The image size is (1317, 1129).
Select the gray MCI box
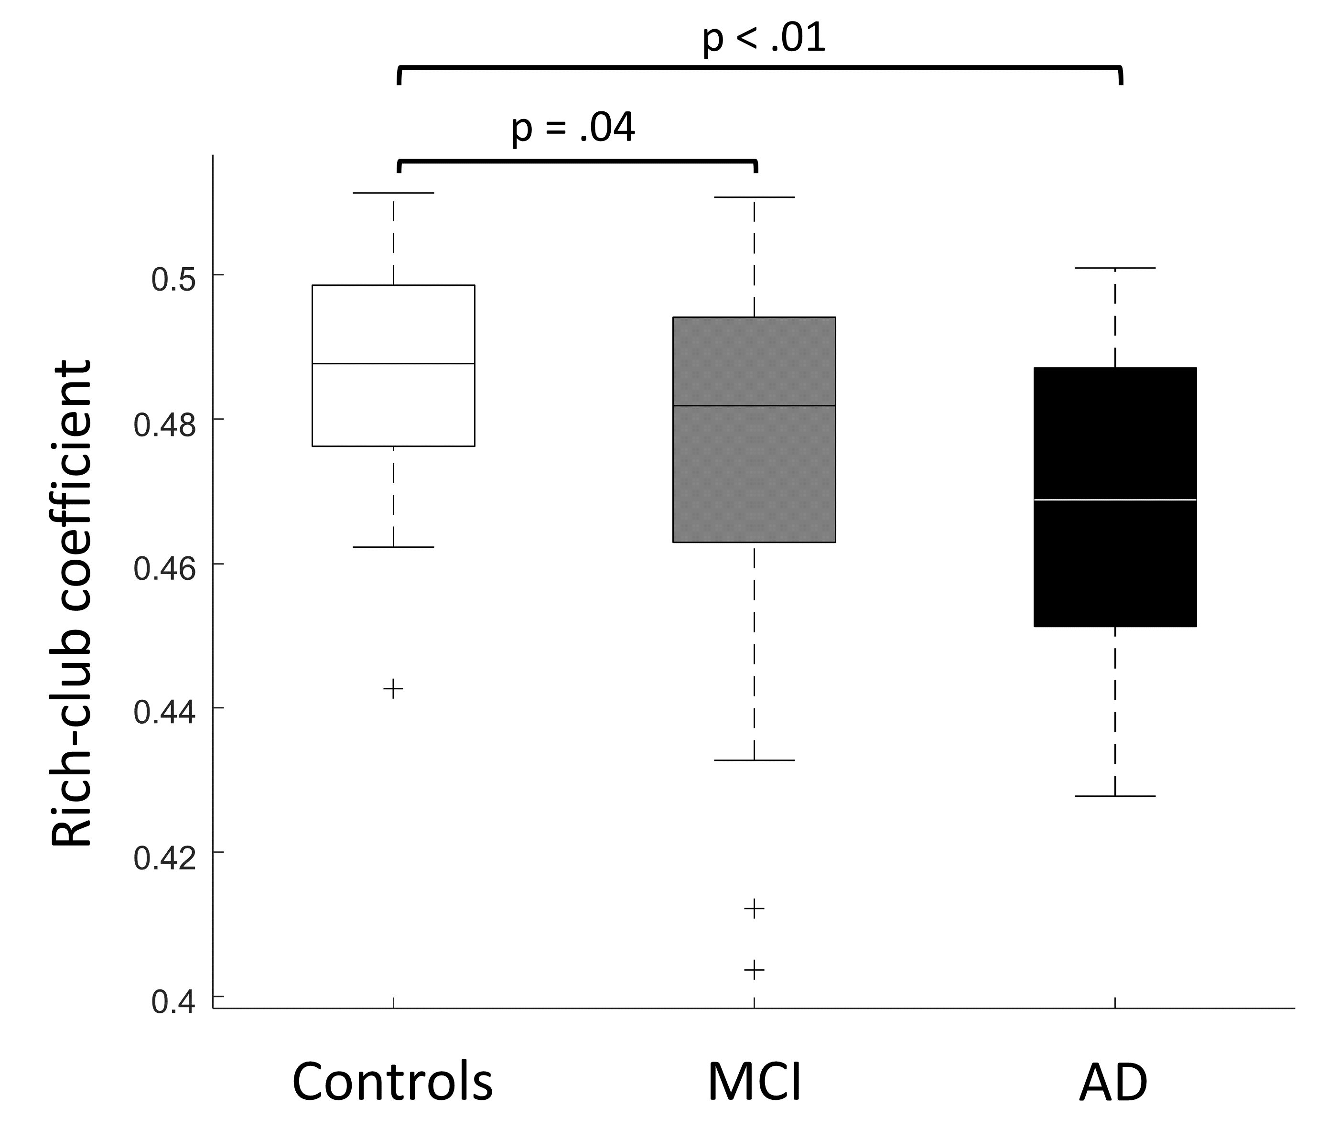pos(754,470)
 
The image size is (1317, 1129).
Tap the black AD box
pos(1115,559)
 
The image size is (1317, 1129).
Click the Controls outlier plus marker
pos(393,688)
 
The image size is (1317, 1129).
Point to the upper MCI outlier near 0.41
pos(754,909)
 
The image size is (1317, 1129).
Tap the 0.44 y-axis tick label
pos(164,713)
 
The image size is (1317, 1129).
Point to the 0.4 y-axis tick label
pos(173,1002)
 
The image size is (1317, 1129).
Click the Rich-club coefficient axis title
pos(71,604)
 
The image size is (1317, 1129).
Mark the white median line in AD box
pos(1115,500)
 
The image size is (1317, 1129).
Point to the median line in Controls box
pos(393,364)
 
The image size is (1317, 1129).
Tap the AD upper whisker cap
pos(1115,268)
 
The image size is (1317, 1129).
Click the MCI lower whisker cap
pos(754,760)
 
